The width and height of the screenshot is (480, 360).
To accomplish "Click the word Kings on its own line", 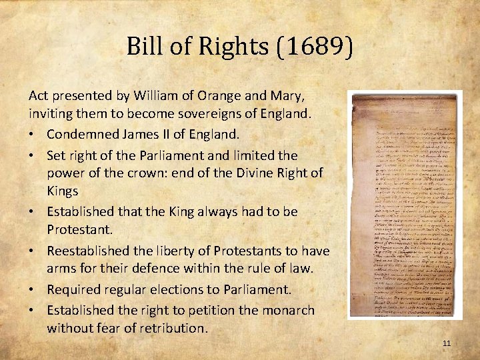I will pos(63,191).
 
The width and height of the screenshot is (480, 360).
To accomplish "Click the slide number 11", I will pos(447,343).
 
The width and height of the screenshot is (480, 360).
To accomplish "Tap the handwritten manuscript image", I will pos(406,205).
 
